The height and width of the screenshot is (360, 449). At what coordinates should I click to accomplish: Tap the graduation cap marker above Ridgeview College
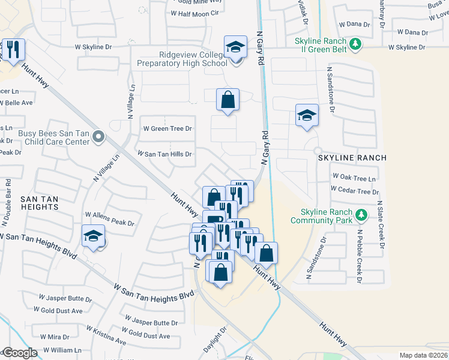(236, 47)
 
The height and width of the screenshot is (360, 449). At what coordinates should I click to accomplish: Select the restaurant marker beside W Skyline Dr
(13, 50)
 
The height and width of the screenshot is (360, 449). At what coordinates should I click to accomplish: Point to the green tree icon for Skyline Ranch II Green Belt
(355, 43)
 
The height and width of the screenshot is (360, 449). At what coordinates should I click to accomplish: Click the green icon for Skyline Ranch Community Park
(361, 214)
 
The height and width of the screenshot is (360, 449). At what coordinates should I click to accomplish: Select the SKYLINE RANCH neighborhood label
(353, 158)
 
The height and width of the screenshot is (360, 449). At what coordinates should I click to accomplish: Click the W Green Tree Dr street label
(167, 128)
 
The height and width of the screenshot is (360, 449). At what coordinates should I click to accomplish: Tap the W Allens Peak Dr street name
(109, 218)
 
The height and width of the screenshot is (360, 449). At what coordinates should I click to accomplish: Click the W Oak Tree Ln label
(354, 178)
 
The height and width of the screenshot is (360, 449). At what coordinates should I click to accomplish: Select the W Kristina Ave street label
(106, 336)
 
